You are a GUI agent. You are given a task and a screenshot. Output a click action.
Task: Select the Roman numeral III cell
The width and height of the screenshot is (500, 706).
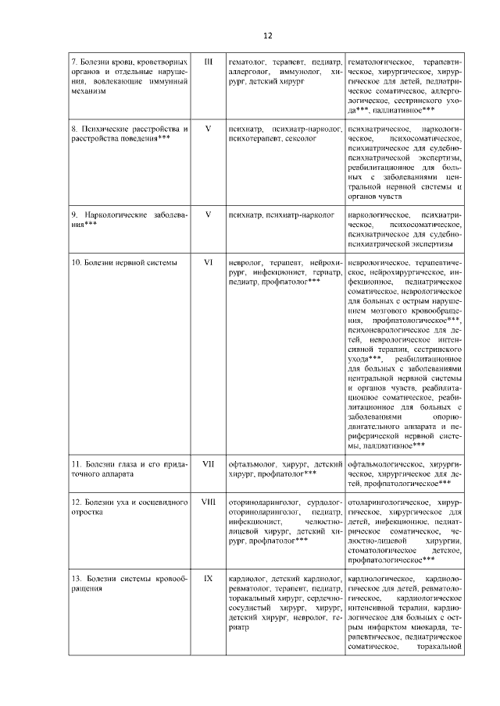coord(208,61)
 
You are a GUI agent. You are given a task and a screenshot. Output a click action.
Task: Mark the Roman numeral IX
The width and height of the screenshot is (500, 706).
coord(208,580)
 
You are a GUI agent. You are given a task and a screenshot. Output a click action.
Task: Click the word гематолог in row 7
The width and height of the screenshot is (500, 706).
coord(246,61)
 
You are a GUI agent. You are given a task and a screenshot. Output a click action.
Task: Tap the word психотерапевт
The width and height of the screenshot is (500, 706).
coord(252,138)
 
